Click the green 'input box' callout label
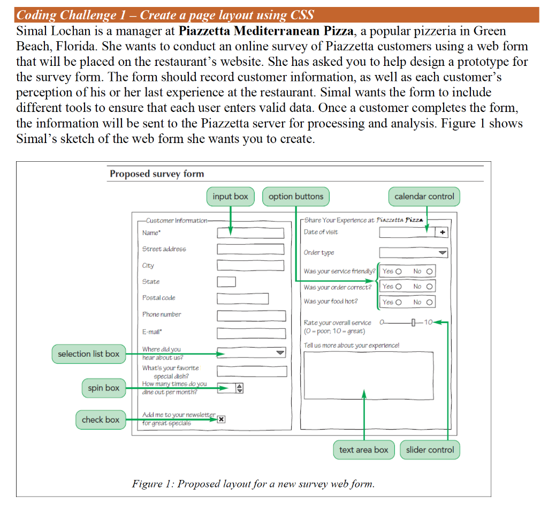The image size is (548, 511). click(x=230, y=197)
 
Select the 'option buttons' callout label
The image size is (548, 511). click(x=296, y=197)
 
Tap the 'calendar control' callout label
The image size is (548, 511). click(x=424, y=197)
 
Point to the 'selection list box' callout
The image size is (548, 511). click(x=88, y=354)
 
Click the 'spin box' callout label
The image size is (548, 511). click(x=103, y=388)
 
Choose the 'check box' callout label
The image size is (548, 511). click(x=101, y=420)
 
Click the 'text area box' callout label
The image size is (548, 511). click(x=363, y=450)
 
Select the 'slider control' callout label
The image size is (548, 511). click(x=430, y=450)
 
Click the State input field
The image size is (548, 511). click(x=226, y=282)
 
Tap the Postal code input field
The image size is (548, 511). click(x=242, y=298)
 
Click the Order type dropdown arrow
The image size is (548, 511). click(x=442, y=253)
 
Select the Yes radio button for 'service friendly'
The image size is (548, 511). click(x=399, y=271)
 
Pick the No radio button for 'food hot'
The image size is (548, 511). click(x=429, y=303)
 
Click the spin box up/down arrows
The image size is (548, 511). click(x=239, y=389)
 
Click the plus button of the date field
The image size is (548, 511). click(x=442, y=232)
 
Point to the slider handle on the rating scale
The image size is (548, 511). click(x=414, y=322)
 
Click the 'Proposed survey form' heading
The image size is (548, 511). click(x=157, y=174)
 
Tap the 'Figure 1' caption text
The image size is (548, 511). click(x=253, y=484)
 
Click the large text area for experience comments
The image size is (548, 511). click(x=368, y=384)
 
